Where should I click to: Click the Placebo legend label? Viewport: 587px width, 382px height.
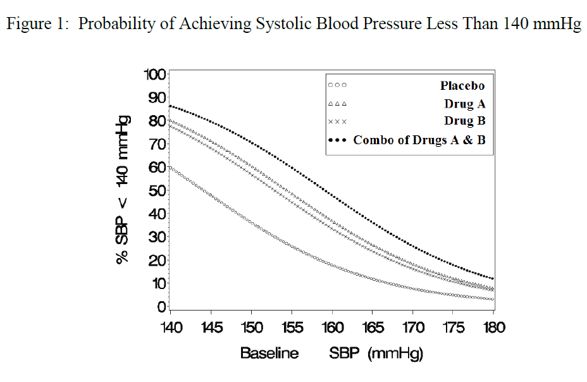(x=463, y=85)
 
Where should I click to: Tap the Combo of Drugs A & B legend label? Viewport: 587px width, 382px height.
(x=419, y=140)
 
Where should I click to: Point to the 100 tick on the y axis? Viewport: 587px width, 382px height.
(x=154, y=75)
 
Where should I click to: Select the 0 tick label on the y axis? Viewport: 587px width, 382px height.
(x=161, y=307)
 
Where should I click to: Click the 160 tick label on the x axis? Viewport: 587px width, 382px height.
(x=332, y=328)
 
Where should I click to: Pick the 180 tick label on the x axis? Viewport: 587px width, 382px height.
(x=493, y=328)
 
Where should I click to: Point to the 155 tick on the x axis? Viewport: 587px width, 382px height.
(x=292, y=328)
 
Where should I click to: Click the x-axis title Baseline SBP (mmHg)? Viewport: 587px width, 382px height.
(x=331, y=353)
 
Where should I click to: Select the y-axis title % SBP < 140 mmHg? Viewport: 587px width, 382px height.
(x=125, y=190)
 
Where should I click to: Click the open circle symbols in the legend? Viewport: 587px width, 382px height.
(x=337, y=85)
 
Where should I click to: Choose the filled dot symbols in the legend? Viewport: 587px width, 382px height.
(x=337, y=140)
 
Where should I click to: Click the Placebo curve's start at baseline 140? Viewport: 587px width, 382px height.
(x=171, y=168)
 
